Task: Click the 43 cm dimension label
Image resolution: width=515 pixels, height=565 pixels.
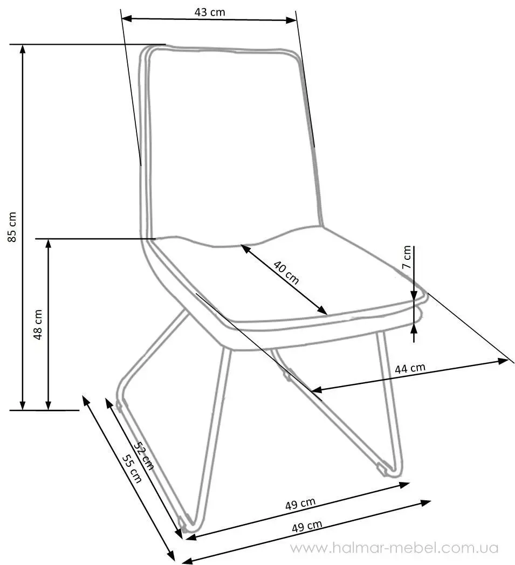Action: (210, 12)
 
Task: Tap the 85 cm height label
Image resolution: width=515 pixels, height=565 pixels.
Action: (12, 226)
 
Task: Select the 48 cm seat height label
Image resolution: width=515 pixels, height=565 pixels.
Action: (38, 324)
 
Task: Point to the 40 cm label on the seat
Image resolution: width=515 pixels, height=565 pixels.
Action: (286, 272)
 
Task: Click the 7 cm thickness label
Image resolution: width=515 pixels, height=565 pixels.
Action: (407, 257)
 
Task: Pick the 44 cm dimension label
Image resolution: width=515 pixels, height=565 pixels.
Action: (410, 368)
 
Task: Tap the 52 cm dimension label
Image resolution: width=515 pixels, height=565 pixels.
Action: (143, 456)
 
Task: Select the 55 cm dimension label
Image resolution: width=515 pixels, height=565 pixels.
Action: (132, 468)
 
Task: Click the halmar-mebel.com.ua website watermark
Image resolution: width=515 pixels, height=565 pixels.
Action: (394, 548)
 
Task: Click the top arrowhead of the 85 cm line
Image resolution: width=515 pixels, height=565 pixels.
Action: (23, 50)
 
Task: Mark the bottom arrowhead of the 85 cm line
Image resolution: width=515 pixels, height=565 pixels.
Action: (23, 405)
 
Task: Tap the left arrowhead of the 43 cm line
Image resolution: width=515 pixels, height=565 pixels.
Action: (127, 18)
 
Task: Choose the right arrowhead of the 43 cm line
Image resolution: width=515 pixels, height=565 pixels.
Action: (291, 20)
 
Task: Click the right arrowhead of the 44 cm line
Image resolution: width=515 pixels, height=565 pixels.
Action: (503, 361)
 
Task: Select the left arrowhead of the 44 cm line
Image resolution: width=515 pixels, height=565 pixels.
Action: (317, 390)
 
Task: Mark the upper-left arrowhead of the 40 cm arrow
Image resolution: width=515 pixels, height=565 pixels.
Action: (245, 249)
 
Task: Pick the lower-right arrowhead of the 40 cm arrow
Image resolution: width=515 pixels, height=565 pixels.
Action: (323, 311)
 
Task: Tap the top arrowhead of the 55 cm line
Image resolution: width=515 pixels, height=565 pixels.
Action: (86, 401)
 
